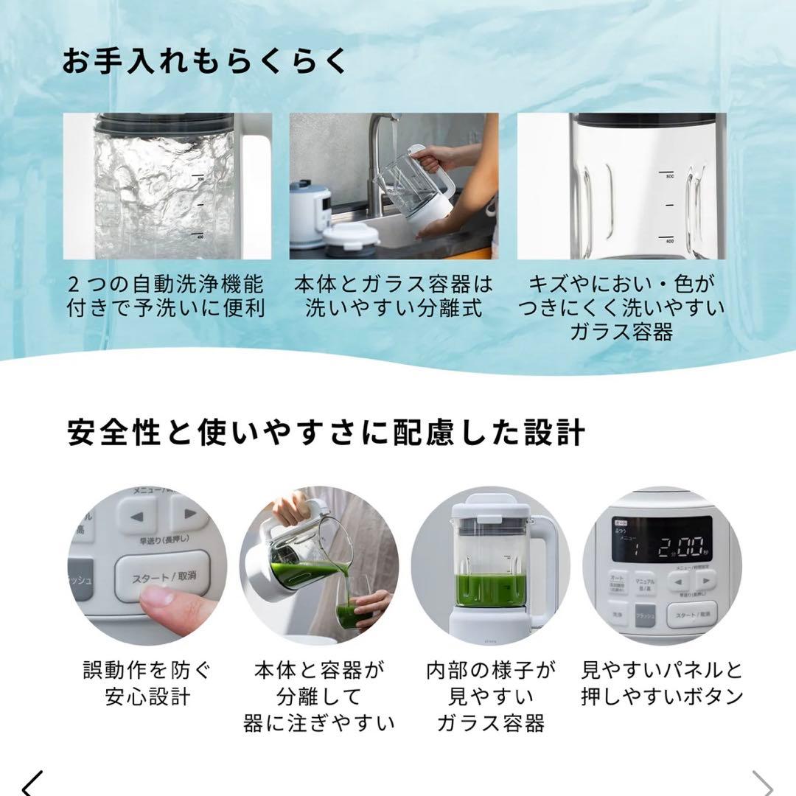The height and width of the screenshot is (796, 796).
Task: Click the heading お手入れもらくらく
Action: tap(204, 62)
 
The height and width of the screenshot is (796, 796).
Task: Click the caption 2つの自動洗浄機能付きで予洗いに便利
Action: tap(166, 296)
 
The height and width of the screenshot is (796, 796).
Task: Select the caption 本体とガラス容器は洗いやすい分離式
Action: tap(394, 296)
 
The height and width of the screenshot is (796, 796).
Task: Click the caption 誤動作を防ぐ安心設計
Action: tap(147, 683)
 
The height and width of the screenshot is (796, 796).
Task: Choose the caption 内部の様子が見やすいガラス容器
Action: tap(490, 696)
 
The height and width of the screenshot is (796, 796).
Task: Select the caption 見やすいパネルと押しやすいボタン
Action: tap(661, 683)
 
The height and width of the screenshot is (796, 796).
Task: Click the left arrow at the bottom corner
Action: tap(32, 783)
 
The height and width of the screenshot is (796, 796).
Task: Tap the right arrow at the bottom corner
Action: tap(762, 783)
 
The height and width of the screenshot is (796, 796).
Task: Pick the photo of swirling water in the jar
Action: tap(167, 186)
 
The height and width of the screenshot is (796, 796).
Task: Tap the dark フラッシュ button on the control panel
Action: tap(645, 613)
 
